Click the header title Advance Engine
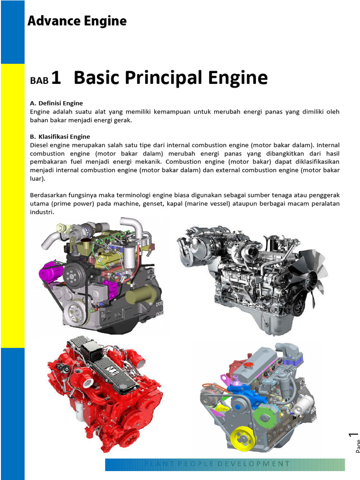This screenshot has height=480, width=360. pyautogui.click(x=77, y=21)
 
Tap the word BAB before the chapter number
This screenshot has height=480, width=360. pyautogui.click(x=39, y=81)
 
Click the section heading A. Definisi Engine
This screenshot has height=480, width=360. pyautogui.click(x=56, y=103)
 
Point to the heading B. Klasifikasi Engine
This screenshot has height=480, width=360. pyautogui.click(x=60, y=137)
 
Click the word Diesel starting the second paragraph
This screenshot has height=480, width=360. pyautogui.click(x=39, y=145)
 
